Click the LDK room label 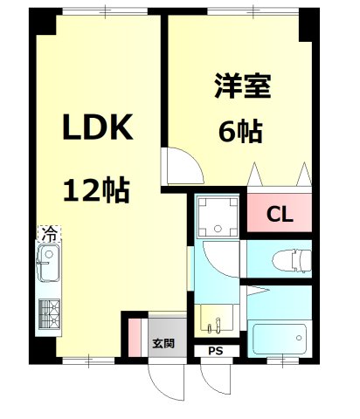coord(96,128)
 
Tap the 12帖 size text coord(95,189)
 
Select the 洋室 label coord(242,87)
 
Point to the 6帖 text coord(241,133)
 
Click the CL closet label coord(280,212)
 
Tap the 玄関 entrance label coord(163,343)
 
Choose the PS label coord(215,353)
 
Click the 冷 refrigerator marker coord(51,234)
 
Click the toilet coord(288,260)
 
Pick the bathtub coord(278,338)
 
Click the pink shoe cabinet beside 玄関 coord(135,337)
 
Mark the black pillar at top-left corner coord(43,22)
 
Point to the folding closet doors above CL coord(280,175)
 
